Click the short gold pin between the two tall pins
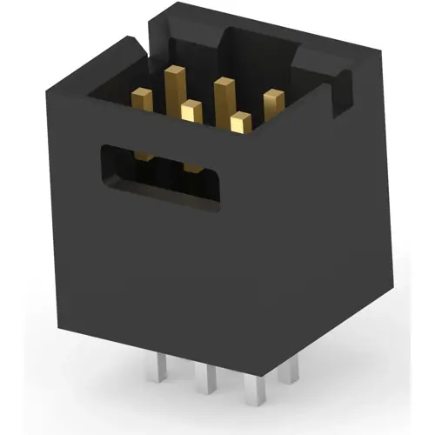pyautogui.click(x=191, y=114)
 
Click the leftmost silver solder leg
pyautogui.click(x=163, y=373)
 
